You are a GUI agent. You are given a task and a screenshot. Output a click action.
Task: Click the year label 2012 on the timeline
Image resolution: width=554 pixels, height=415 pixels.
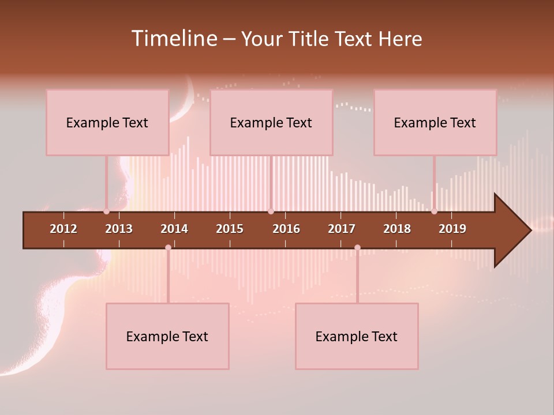coord(63,229)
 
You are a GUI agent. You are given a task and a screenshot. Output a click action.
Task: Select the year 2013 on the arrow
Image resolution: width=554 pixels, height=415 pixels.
coord(119,229)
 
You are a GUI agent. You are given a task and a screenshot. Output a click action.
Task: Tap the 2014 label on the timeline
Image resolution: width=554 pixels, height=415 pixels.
coord(174,229)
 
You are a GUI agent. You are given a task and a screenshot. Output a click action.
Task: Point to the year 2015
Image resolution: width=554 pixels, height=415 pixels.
coord(230,229)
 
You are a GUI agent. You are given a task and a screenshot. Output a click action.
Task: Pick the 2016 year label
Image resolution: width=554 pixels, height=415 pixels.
coord(286,229)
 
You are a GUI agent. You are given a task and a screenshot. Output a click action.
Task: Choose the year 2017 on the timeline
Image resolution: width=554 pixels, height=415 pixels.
coord(342,229)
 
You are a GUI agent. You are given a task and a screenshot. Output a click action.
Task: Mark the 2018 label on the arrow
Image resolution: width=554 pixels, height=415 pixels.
coord(397,229)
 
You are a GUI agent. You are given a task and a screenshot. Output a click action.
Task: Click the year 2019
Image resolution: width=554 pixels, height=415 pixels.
coord(452,229)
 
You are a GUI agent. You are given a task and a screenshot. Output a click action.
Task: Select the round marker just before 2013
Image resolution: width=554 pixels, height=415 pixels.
coord(106,212)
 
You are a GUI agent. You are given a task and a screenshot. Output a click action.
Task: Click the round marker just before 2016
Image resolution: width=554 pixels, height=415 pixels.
coord(271,212)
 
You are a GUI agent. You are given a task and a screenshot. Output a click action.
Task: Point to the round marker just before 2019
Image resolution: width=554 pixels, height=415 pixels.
coord(434,212)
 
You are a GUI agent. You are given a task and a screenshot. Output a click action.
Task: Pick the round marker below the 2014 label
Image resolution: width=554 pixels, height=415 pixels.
coord(168,248)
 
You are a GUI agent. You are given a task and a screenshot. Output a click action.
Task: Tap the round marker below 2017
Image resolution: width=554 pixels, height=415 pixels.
coord(357,248)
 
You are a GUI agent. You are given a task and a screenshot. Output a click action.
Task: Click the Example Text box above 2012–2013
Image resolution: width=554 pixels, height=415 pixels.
coord(107,122)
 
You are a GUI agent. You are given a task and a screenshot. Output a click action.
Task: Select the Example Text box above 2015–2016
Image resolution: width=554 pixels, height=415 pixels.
coord(271,122)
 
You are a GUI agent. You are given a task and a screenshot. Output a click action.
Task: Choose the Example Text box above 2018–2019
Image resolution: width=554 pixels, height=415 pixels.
coord(435,122)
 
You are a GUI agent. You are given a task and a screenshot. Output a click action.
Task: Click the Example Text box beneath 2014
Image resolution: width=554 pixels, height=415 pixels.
coord(167,336)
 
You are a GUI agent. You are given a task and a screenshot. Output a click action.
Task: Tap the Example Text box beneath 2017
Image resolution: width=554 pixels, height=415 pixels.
coord(357,336)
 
